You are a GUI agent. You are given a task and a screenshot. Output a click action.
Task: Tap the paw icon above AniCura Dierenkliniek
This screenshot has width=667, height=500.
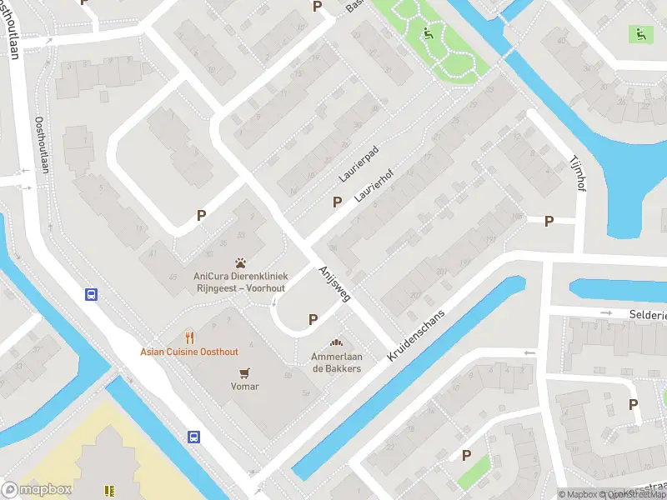point(241,262)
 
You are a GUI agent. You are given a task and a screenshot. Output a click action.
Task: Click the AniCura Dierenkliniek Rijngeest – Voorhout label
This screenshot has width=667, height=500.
point(240,282)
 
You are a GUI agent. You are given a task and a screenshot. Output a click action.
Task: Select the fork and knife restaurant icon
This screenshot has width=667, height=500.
point(190,337)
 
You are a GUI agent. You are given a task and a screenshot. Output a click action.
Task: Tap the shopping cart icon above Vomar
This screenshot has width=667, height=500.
point(245,372)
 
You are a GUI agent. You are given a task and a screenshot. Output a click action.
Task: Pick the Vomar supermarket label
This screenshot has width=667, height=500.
point(245,387)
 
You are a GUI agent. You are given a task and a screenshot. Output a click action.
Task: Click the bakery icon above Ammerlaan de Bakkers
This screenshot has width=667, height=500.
point(337,342)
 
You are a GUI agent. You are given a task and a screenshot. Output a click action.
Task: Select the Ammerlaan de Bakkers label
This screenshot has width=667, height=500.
point(337,362)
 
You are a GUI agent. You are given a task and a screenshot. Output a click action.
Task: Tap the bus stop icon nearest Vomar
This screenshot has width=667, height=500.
point(193,437)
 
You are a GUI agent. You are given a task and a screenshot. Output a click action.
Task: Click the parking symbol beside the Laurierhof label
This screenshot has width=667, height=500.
point(338,201)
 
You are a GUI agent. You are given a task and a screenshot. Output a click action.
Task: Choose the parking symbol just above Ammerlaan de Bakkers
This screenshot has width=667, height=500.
point(313,318)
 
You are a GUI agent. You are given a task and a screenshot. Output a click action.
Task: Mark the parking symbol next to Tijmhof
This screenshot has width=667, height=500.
point(549,221)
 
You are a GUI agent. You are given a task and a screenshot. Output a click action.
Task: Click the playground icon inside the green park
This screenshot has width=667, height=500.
point(429,34)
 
